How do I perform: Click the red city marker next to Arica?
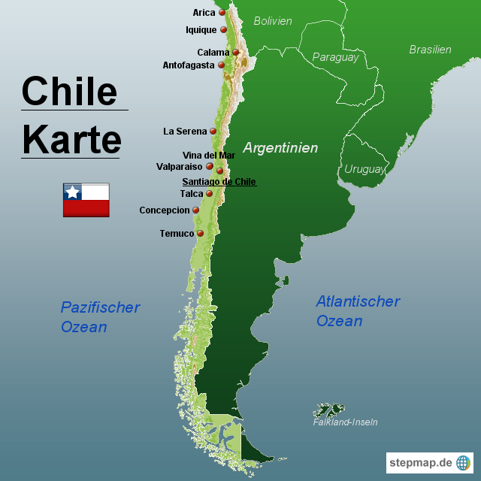[222, 13]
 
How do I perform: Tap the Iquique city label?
[201, 30]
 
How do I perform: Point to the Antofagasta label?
[189, 65]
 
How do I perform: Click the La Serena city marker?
[213, 132]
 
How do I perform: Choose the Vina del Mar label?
[209, 156]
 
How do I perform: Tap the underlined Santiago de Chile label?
[219, 182]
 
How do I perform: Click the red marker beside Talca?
[210, 194]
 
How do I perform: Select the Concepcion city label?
[165, 210]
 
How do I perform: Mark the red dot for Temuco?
[201, 234]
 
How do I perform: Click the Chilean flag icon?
[86, 200]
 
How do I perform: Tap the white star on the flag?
[72, 192]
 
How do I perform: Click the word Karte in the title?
[71, 140]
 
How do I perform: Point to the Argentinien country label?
[280, 148]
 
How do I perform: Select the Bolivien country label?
[273, 21]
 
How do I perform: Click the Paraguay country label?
[335, 57]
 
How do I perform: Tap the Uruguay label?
[365, 169]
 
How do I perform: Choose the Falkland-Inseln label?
[345, 422]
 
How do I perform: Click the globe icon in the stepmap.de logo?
[463, 463]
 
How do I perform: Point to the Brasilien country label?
[430, 50]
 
